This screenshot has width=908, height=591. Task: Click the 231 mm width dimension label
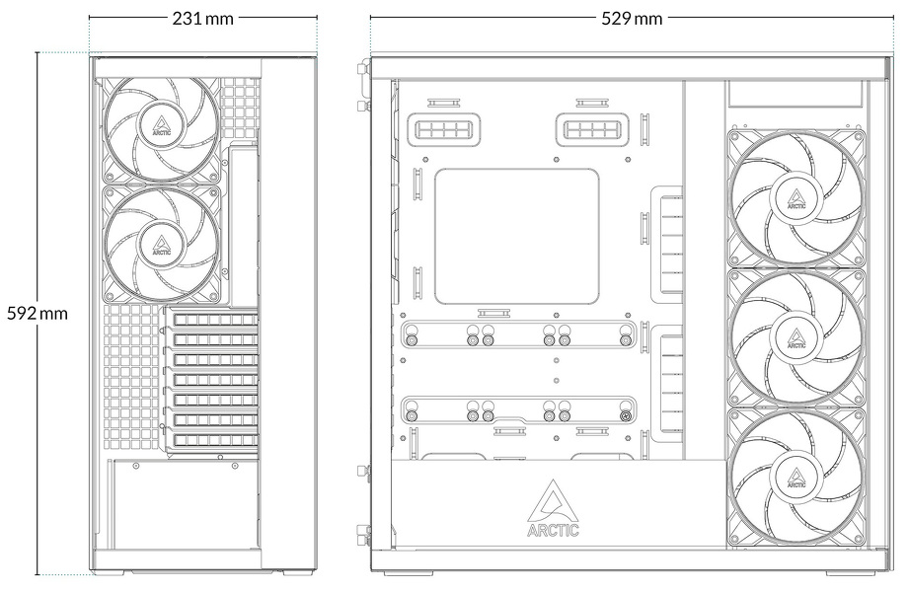tap(202, 18)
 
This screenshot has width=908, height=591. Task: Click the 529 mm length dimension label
tap(632, 18)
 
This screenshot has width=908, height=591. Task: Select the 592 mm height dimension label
tap(38, 313)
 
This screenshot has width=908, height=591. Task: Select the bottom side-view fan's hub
tap(795, 476)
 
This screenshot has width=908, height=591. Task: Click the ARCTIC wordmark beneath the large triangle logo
tap(553, 531)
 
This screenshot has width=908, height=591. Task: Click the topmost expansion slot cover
tap(214, 320)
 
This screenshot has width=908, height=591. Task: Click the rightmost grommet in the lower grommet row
tap(625, 415)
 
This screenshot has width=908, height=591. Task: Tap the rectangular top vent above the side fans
tap(794, 95)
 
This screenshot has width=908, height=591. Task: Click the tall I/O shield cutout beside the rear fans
tap(244, 225)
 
